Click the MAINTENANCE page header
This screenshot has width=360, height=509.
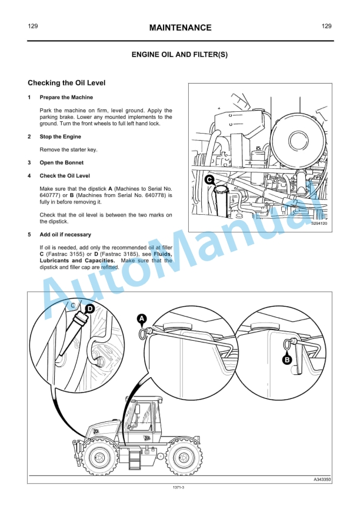pos(180,28)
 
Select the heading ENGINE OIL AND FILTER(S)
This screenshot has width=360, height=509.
pos(180,55)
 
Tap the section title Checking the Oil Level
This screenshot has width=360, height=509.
pos(66,84)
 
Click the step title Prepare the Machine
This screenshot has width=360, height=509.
pos(66,97)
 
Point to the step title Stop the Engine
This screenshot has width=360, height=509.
pos(61,137)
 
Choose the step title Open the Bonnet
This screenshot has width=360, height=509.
pos(61,162)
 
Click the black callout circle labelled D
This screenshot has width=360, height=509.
pos(89,308)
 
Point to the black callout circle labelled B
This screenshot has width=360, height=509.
pos(287,360)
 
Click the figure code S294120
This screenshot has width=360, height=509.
pos(319,224)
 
